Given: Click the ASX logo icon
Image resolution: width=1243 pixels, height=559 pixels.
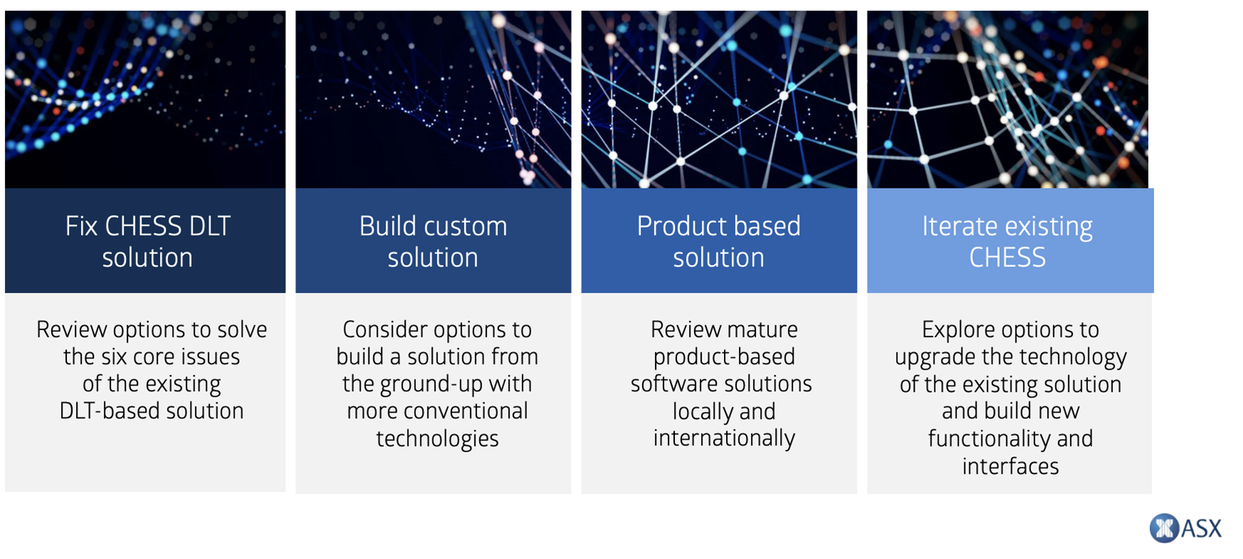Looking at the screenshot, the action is click(1164, 528).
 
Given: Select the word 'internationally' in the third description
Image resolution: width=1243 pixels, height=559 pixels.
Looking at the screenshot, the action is click(724, 438).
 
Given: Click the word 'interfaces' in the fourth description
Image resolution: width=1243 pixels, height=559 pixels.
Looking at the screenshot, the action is click(1010, 467).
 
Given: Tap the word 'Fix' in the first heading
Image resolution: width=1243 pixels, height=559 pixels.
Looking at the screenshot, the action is click(81, 226).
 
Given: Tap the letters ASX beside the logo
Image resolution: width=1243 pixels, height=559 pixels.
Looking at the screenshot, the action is click(1202, 528).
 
